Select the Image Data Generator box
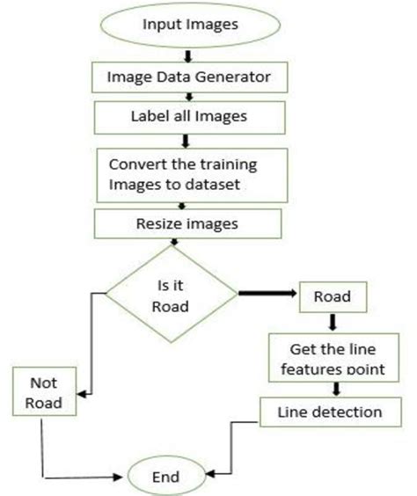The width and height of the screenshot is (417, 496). [x=191, y=78]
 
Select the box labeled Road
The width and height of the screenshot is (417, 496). [x=333, y=296]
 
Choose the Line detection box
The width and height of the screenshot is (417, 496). [x=328, y=411]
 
